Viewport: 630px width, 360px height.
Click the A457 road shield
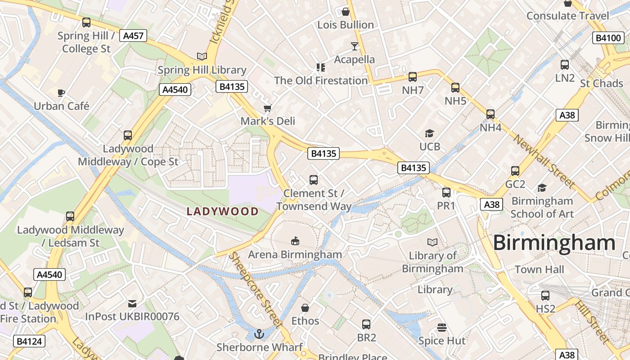[x=133, y=36]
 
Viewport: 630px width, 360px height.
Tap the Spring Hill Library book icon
[x=202, y=56]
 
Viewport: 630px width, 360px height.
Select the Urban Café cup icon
[x=61, y=93]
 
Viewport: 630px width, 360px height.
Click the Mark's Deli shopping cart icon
[x=268, y=108]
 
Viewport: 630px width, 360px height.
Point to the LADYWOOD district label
[x=223, y=211]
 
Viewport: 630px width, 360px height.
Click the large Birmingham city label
[x=554, y=243]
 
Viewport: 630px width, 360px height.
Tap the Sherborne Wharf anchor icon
[x=259, y=334]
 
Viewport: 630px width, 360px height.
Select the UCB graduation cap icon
[x=429, y=133]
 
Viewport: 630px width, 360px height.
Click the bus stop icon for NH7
[x=413, y=77]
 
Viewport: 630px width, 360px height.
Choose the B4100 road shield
[x=608, y=38]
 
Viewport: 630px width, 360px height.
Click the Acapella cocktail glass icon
[x=355, y=46]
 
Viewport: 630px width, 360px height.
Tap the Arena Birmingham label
[x=295, y=254]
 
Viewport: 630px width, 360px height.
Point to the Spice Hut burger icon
[x=442, y=327]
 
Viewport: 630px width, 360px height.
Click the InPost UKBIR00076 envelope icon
[x=132, y=304]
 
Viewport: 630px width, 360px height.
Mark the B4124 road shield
[x=30, y=341]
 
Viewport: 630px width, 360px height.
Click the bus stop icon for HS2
[x=545, y=296]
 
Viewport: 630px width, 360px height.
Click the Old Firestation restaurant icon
[x=321, y=67]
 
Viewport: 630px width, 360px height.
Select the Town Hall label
[x=539, y=270]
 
